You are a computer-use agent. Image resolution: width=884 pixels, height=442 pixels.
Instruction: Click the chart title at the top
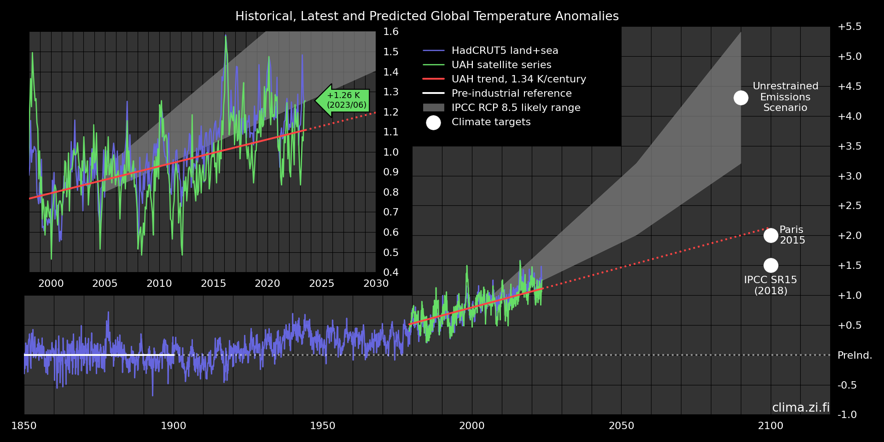click(x=427, y=16)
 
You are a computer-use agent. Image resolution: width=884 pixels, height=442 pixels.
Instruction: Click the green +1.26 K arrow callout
click(x=344, y=100)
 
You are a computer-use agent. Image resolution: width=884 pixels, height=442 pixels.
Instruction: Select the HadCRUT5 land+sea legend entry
click(x=505, y=51)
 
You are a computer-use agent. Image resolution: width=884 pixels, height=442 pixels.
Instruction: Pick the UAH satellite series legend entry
click(x=501, y=65)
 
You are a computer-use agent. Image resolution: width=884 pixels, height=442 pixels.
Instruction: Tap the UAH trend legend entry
click(x=518, y=79)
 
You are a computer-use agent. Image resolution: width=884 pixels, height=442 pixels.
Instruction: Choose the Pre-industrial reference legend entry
click(x=511, y=93)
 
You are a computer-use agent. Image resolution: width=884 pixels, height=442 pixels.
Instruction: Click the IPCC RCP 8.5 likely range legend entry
click(x=516, y=108)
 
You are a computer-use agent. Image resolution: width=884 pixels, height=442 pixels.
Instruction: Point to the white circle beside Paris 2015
click(x=771, y=235)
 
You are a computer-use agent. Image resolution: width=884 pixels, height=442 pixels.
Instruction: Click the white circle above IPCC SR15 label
click(x=771, y=265)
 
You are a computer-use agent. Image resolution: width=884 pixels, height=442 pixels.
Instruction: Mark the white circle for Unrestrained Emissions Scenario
click(x=741, y=98)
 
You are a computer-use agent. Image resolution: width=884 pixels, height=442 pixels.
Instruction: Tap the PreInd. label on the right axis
click(x=855, y=355)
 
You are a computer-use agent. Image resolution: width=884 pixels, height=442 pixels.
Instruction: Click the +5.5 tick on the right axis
click(x=849, y=27)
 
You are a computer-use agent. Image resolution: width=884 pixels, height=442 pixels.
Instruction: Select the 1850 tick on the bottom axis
click(x=24, y=426)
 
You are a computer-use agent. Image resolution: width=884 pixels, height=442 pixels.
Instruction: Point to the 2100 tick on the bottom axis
click(x=771, y=426)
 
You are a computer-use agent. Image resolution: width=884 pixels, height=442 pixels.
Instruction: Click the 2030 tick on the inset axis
click(x=376, y=284)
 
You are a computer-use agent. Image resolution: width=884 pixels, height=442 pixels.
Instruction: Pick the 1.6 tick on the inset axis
click(x=391, y=32)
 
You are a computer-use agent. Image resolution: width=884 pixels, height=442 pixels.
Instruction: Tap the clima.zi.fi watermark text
click(x=801, y=407)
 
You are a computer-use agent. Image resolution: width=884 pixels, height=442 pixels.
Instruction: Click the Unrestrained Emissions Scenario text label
click(x=785, y=97)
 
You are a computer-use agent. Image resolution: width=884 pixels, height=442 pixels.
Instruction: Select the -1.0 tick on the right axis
click(x=847, y=415)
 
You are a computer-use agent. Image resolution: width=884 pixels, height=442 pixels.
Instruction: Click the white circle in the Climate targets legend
click(x=433, y=122)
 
